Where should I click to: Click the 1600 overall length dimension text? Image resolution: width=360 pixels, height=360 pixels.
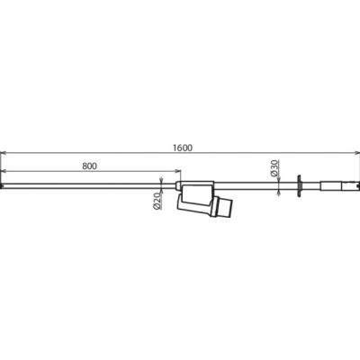(x=183, y=148)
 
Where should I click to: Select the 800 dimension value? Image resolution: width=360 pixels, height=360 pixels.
(x=90, y=166)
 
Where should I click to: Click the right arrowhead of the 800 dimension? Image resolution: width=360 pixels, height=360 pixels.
(x=178, y=171)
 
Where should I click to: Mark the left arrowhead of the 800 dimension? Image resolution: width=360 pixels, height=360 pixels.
(x=4, y=171)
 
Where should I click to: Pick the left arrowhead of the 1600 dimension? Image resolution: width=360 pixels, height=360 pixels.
(x=4, y=153)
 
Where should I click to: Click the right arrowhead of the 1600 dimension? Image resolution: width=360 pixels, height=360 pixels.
(x=356, y=153)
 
